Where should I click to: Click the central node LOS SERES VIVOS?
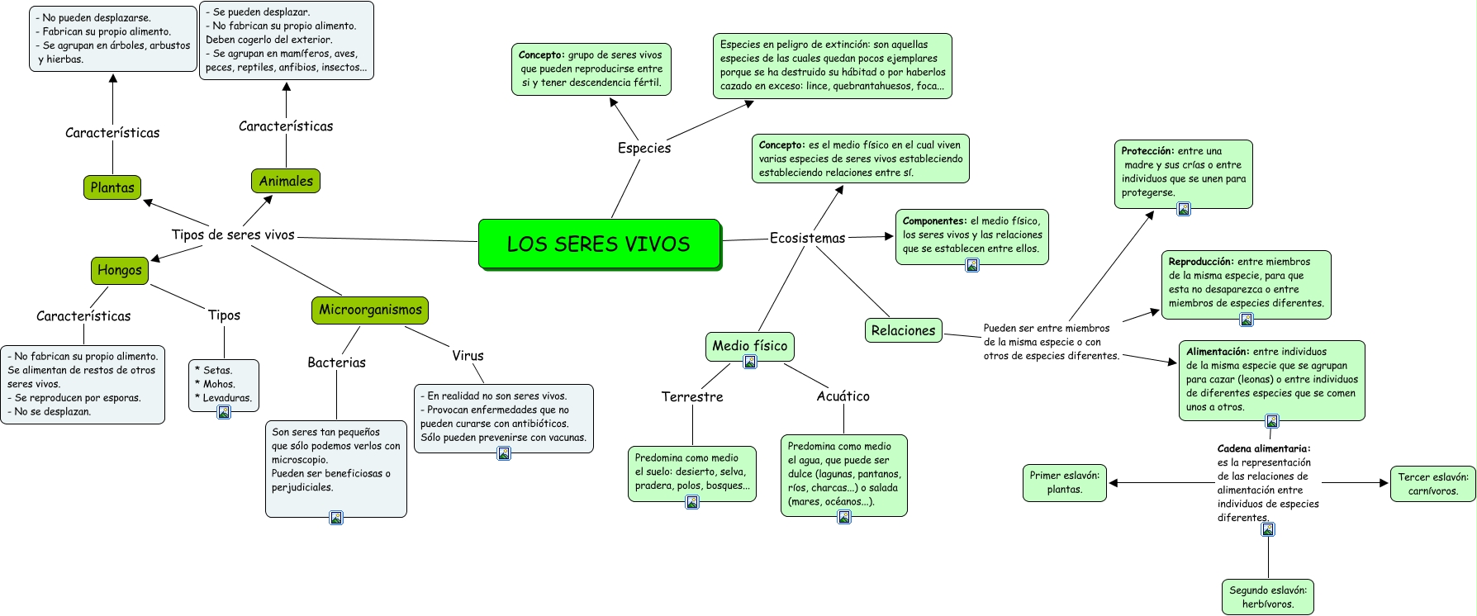pos(599,244)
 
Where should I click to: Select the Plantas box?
pos(112,187)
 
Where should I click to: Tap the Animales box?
pos(286,181)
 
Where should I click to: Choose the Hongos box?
pos(120,270)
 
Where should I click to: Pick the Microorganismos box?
pos(370,310)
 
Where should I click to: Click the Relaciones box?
pos(903,330)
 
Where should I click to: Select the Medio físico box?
pos(750,345)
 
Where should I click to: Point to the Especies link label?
pos(644,148)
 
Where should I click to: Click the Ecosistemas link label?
pos(807,238)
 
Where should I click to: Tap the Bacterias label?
pos(336,362)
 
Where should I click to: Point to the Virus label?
pos(468,356)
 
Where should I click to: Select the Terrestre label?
pos(692,396)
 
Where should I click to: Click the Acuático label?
pos(843,396)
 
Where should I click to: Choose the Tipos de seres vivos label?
pos(233,235)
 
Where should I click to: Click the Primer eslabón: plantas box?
pos(1064,482)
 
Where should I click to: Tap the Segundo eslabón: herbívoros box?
pos(1267,596)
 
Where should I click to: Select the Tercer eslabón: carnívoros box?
pos(1432,483)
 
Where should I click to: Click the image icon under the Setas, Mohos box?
pos(224,412)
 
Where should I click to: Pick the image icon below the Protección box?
pos(1184,209)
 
